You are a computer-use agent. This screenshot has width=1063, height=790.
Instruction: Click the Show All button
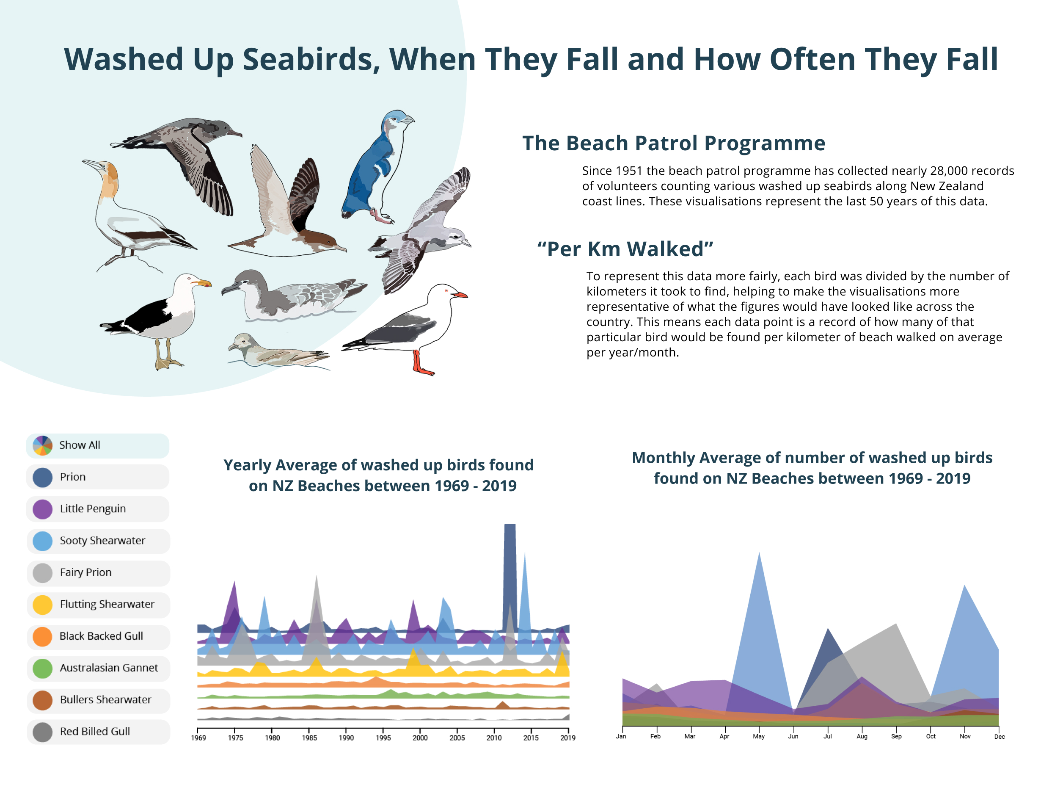coord(97,445)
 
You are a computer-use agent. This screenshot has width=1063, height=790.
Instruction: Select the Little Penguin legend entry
coord(97,509)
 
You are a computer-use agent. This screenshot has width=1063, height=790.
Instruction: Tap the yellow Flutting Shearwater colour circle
coord(43,605)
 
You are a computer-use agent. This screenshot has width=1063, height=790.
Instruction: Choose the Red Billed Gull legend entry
coord(97,732)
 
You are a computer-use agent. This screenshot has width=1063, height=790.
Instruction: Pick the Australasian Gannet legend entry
coord(97,668)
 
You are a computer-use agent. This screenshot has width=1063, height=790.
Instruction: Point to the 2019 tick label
coord(568,738)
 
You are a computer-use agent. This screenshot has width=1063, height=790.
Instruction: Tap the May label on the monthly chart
coord(759,736)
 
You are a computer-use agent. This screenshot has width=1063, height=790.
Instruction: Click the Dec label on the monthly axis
coord(999,736)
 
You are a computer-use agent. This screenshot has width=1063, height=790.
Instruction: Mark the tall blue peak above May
coord(760,622)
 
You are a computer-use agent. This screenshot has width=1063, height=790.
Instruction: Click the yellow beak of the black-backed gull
coord(202,283)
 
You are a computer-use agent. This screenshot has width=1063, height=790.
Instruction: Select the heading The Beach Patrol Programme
coord(673,143)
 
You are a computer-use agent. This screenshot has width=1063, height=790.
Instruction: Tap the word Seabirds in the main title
coord(311,59)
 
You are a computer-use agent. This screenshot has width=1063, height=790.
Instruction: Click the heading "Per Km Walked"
coord(625,249)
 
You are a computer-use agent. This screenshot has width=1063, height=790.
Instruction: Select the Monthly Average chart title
coord(812,468)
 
